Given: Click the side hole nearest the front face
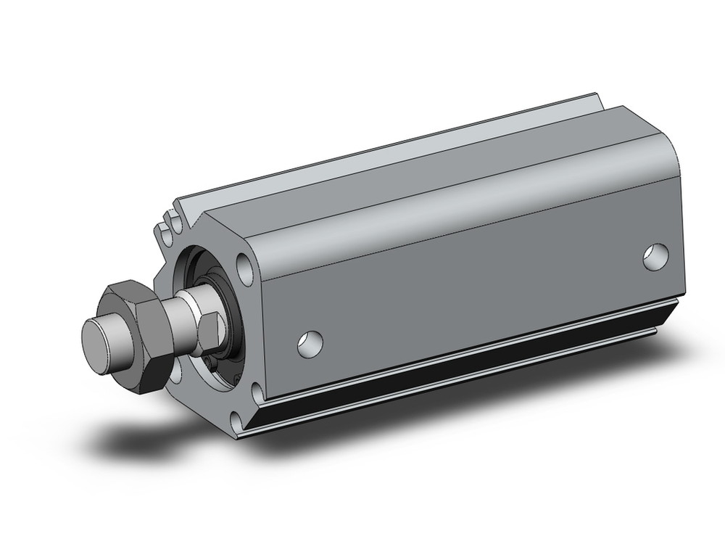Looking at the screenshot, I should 310,343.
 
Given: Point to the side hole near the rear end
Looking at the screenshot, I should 657,256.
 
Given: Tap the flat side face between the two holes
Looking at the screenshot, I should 478,290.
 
